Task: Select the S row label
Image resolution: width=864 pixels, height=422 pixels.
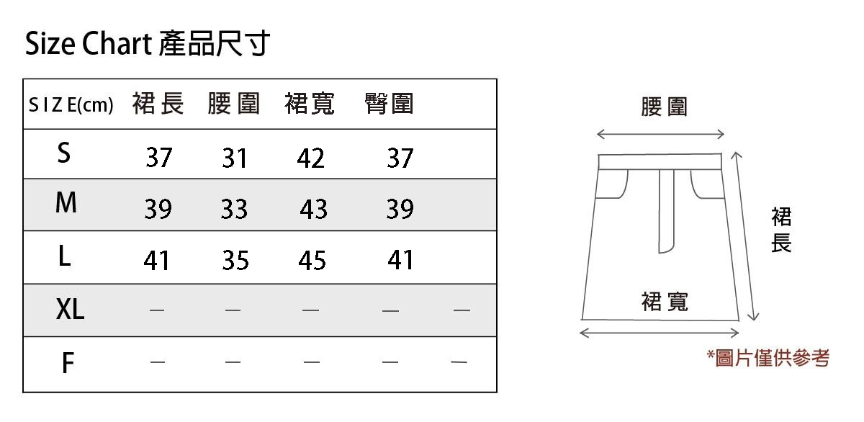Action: (x=64, y=153)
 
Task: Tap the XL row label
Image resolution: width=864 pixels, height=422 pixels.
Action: (x=70, y=310)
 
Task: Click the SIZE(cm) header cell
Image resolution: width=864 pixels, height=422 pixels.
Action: (x=71, y=106)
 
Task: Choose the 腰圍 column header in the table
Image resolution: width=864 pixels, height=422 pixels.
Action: (x=233, y=104)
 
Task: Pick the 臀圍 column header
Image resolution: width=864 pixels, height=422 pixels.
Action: (x=390, y=104)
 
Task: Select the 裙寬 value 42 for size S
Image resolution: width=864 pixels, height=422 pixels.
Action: (x=310, y=158)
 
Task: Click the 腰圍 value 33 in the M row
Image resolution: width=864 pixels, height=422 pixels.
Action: (x=234, y=210)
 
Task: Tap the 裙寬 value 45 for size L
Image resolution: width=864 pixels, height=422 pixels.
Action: (x=312, y=261)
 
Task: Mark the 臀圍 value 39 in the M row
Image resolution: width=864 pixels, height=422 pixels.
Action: (x=400, y=210)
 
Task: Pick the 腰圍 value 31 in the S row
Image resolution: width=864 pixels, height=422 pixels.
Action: (x=234, y=158)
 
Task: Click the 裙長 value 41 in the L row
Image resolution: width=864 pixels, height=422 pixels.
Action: (x=156, y=261)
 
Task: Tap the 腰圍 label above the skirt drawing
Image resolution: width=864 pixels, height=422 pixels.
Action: (x=664, y=107)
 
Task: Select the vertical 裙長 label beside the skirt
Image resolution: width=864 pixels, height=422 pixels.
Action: (x=781, y=230)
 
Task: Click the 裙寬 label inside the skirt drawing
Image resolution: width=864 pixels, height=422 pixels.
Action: (x=665, y=302)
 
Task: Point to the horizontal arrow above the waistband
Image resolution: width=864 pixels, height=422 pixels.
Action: (x=660, y=134)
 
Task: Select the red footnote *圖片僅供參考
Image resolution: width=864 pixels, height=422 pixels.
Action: (x=768, y=358)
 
